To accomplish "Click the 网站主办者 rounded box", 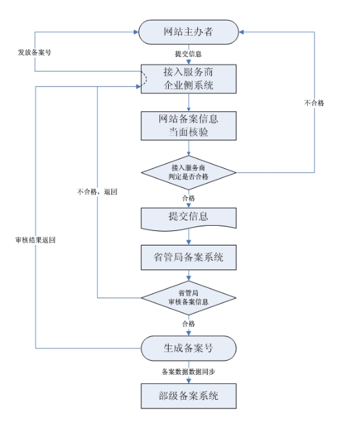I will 189,31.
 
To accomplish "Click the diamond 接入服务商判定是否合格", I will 189,172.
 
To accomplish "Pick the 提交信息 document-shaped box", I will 189,218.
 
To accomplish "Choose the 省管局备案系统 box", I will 189,257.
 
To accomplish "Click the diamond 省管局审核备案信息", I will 189,297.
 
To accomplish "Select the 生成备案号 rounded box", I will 189,348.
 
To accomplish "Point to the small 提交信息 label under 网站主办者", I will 189,54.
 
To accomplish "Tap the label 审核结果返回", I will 35,240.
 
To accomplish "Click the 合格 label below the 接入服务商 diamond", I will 189,197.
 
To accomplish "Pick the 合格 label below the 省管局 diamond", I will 189,324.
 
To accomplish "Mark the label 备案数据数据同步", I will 188,371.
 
